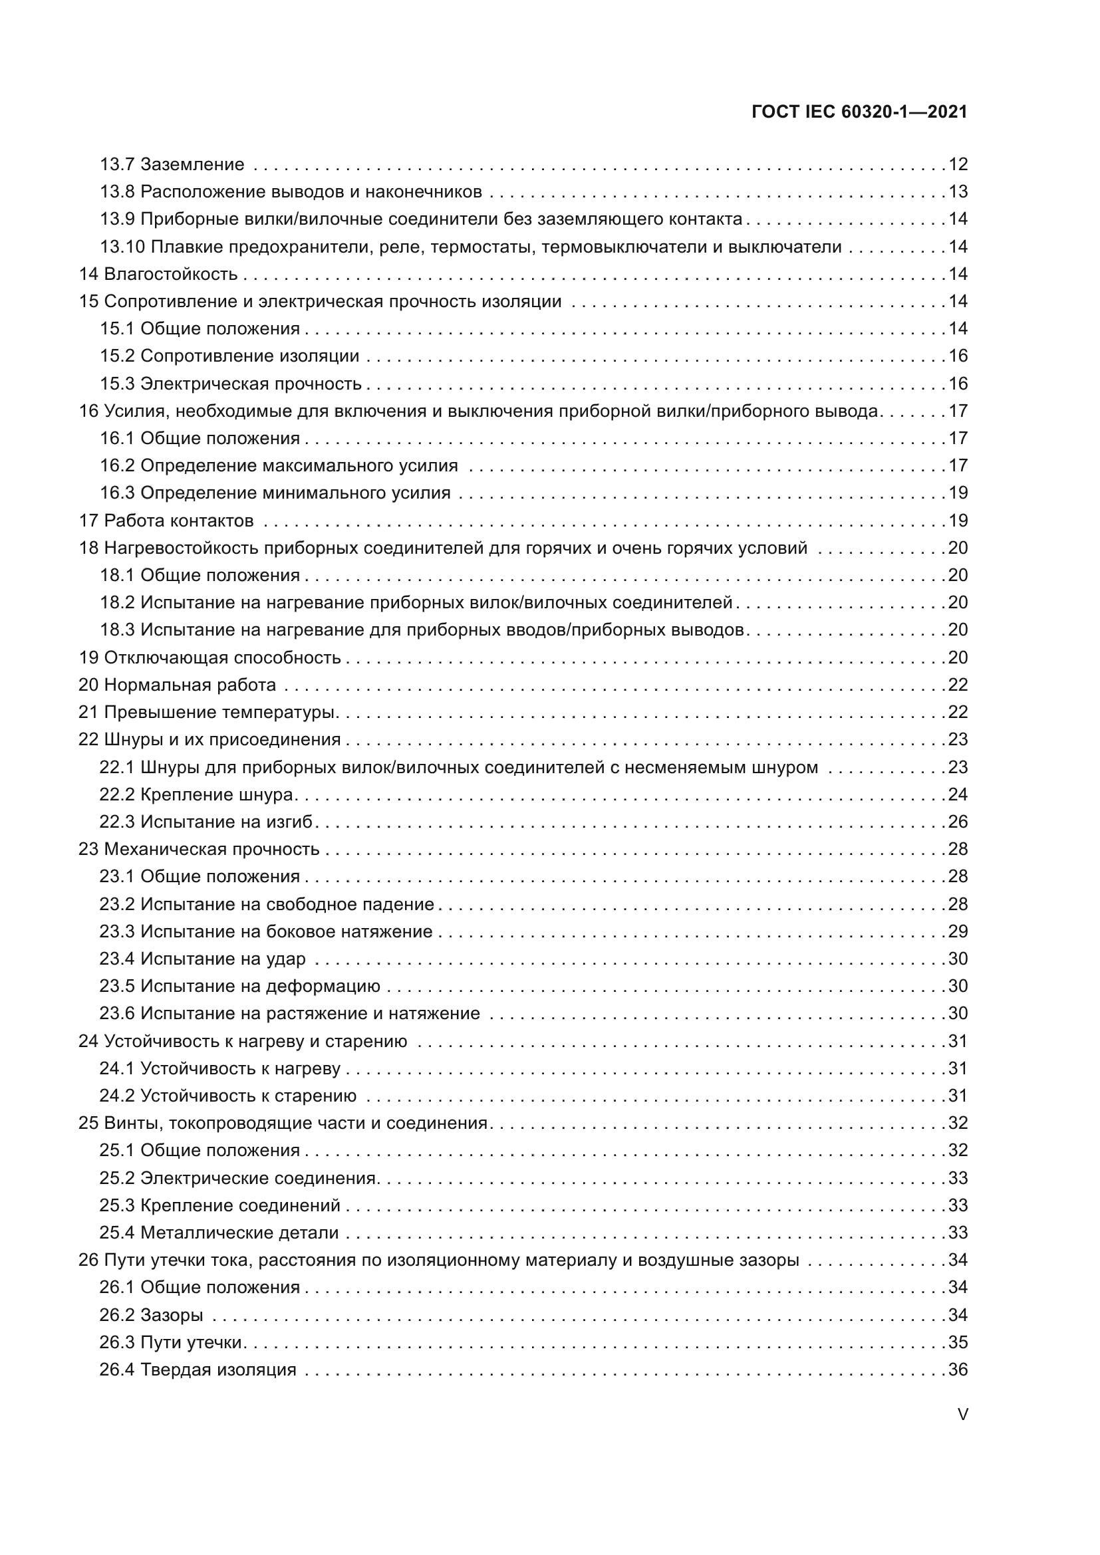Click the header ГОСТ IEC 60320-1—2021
coord(859,112)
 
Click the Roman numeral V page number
coord(962,1414)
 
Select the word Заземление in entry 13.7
coord(192,164)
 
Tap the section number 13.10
coord(122,247)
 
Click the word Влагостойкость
coord(171,274)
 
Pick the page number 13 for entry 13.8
coord(958,191)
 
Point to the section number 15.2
coord(117,356)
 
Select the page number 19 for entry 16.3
coord(958,493)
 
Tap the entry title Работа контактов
coord(179,520)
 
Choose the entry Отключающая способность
coord(222,657)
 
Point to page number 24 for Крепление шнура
coord(958,794)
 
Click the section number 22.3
coord(117,822)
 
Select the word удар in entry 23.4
coord(287,959)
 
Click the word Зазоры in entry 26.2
coord(172,1314)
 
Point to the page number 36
coord(958,1370)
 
